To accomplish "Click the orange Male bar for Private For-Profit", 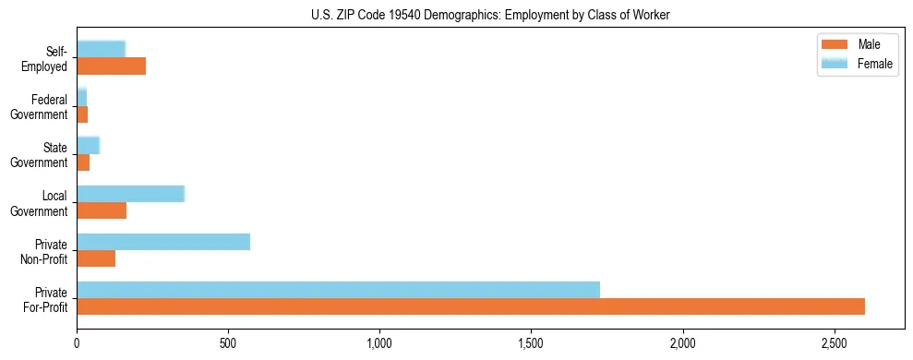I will pyautogui.click(x=471, y=306).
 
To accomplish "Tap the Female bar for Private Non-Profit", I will pyautogui.click(x=163, y=242).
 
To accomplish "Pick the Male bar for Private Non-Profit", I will pyautogui.click(x=96, y=258).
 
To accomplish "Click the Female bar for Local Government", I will pyautogui.click(x=130, y=194).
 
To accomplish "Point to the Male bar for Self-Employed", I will pyautogui.click(x=111, y=66).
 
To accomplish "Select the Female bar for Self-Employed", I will pyautogui.click(x=101, y=49).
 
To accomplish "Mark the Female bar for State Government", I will pyautogui.click(x=88, y=146).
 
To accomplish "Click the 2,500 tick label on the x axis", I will pyautogui.click(x=834, y=342).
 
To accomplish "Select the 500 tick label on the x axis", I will pyautogui.click(x=228, y=342).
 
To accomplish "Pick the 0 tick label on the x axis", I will pyautogui.click(x=77, y=342).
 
